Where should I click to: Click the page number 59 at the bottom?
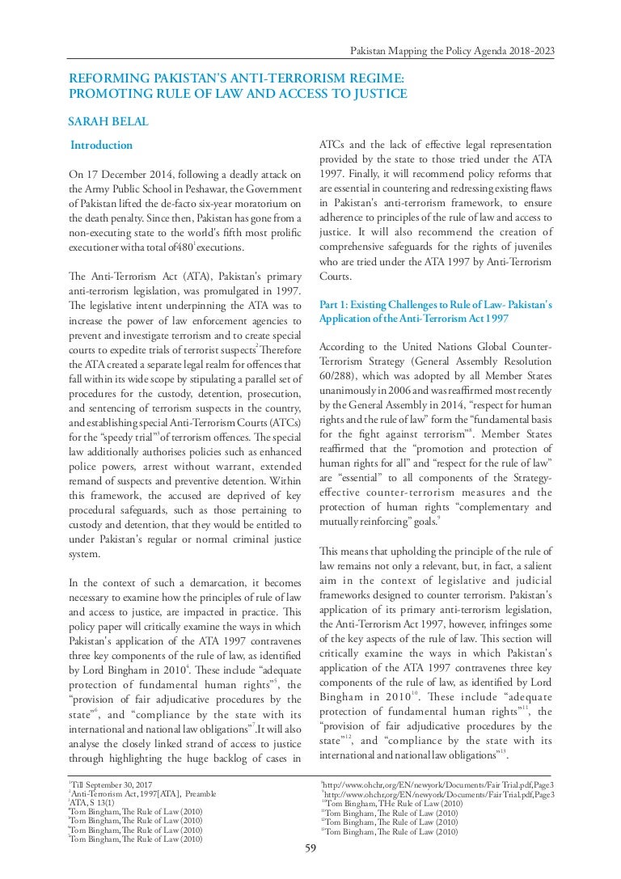click(x=310, y=847)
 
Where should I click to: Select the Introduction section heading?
click(x=101, y=146)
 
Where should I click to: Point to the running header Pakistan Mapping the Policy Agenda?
click(x=452, y=51)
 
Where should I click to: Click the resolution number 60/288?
click(x=340, y=380)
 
